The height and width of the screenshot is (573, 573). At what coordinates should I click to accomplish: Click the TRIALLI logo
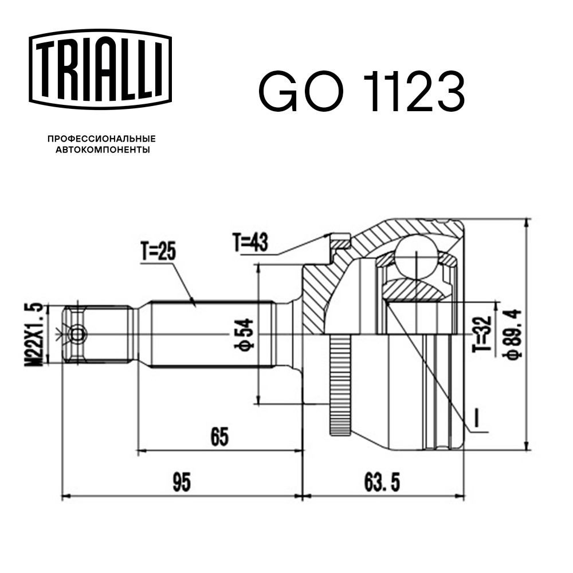tap(100, 69)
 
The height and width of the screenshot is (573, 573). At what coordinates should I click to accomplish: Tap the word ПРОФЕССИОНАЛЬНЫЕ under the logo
tap(101, 139)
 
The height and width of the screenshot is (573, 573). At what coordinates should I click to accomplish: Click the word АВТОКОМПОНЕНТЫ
tap(103, 150)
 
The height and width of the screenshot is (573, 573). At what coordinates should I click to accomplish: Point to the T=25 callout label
tap(158, 252)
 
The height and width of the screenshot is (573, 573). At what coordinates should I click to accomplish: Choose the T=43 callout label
tap(250, 242)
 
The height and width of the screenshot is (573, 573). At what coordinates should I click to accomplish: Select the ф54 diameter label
tap(244, 334)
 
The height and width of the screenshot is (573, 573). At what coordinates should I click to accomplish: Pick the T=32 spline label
tap(482, 334)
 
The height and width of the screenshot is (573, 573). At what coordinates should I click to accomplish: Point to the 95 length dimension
tap(181, 482)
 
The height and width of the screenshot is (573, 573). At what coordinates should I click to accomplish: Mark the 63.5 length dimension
tap(382, 482)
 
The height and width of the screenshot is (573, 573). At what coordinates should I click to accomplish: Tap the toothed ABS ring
tap(339, 386)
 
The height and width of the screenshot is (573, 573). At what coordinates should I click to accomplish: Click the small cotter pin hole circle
tap(77, 334)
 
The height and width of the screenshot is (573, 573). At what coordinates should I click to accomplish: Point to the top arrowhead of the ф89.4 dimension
tap(526, 223)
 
